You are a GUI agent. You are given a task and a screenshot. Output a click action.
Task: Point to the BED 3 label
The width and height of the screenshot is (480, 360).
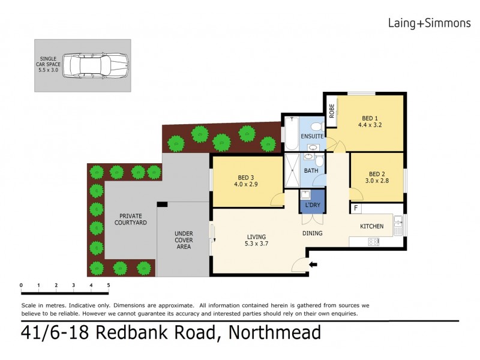246,177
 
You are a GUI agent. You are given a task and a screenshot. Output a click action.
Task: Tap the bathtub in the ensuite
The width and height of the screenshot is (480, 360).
290,134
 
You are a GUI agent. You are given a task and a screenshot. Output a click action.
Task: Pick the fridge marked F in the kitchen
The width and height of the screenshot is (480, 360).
356,208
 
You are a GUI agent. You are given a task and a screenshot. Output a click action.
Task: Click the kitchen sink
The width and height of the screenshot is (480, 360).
398,226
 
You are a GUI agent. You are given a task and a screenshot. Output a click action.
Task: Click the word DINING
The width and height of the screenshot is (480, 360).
312,233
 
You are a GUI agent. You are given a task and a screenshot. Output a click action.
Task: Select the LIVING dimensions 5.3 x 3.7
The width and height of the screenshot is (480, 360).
256,244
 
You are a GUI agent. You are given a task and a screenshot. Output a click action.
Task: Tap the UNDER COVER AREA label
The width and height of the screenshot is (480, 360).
183,240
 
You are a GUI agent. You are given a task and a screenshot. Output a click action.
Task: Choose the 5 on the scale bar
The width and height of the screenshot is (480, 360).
109,285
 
